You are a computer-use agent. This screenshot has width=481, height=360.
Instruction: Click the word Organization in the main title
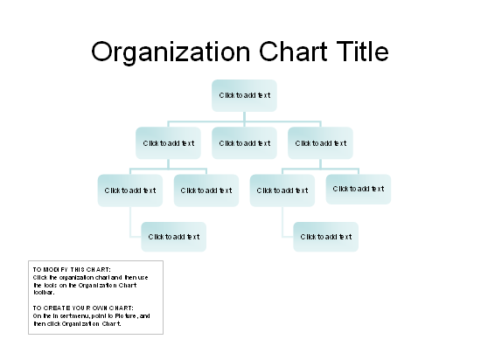[171, 52]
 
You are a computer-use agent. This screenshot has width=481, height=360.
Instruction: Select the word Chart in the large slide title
[293, 51]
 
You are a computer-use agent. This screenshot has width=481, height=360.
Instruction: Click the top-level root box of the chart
[244, 95]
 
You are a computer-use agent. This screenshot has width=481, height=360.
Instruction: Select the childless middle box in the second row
[244, 143]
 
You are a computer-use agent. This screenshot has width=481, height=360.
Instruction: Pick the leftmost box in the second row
[168, 143]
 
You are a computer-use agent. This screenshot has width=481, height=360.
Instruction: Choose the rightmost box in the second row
[320, 143]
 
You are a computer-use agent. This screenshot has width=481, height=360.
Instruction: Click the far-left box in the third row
[130, 190]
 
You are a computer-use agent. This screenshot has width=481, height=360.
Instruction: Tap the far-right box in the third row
[359, 189]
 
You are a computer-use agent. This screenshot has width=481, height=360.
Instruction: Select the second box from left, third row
[206, 190]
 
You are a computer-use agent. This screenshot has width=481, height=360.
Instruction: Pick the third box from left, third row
[282, 190]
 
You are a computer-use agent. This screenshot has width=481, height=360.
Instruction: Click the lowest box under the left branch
[174, 237]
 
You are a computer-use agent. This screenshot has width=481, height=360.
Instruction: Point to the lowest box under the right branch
[326, 237]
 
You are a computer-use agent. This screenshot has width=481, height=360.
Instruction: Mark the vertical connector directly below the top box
[244, 117]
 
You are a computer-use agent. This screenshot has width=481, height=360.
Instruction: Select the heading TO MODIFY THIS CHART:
[72, 270]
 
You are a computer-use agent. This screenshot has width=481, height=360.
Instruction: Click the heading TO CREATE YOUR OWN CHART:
[83, 308]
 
